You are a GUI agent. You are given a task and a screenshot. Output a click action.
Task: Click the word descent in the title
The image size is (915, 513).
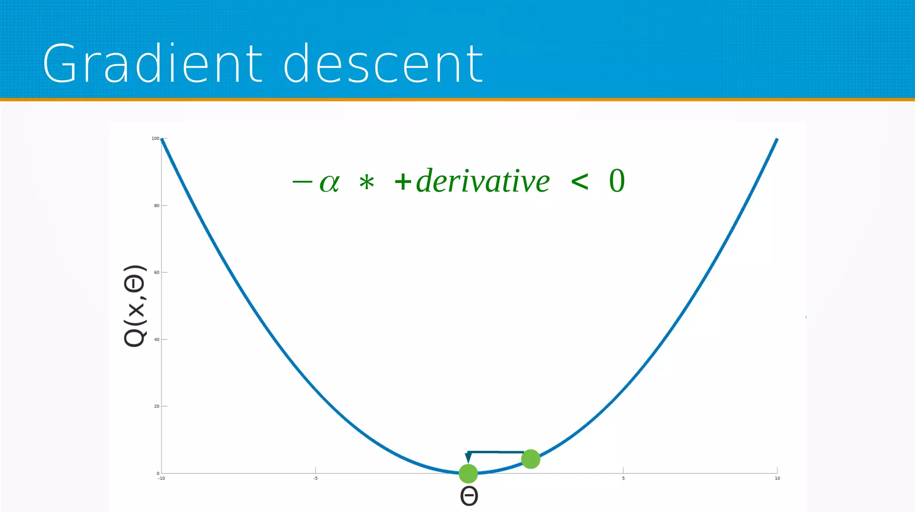[x=383, y=64]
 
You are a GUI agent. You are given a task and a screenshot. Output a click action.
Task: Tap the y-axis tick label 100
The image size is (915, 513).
[x=155, y=139]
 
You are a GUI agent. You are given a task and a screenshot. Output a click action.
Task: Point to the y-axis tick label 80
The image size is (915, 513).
[x=156, y=206]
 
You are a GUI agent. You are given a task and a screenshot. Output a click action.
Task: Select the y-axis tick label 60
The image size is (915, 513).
[x=156, y=272]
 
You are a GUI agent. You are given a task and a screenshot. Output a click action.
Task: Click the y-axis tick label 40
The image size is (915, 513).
[x=156, y=339]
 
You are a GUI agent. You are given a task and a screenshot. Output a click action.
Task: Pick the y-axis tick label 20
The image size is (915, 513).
[x=156, y=406]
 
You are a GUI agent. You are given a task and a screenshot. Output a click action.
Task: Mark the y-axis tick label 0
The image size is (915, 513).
[x=158, y=473]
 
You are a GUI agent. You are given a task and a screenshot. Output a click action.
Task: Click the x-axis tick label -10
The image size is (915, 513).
[x=161, y=479]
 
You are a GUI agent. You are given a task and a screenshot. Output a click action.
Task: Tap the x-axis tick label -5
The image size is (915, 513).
[x=315, y=479]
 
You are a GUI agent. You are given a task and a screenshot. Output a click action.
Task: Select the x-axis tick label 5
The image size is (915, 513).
[x=623, y=479]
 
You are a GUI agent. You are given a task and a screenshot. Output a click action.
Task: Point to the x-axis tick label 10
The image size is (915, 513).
[x=777, y=479]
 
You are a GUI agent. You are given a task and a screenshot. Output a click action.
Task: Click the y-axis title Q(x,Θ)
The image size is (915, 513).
[x=134, y=306]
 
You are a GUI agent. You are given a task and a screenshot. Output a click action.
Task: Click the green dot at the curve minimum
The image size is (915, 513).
[x=468, y=474]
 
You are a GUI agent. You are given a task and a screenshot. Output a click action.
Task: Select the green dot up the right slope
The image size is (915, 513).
[x=531, y=459]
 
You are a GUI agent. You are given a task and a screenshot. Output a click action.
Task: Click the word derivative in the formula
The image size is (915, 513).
[x=483, y=182]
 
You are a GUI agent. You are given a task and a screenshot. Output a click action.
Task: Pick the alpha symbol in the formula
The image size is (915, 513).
[x=330, y=183]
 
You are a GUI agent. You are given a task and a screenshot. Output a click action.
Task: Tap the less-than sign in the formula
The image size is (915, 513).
[x=579, y=182]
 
